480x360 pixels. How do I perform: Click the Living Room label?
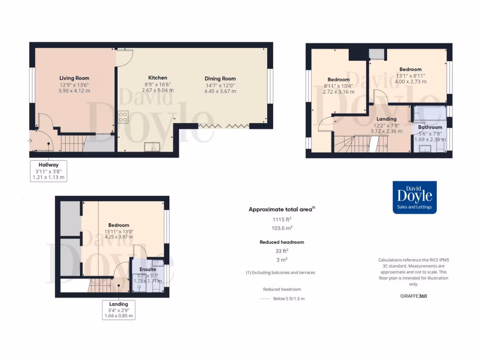click(x=74, y=78)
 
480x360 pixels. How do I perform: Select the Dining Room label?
click(x=220, y=79)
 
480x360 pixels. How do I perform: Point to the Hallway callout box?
click(x=49, y=171)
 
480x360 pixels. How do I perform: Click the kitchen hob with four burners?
click(x=123, y=117)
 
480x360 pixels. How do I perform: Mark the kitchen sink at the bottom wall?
click(x=151, y=147)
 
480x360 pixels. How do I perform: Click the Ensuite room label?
click(x=147, y=270)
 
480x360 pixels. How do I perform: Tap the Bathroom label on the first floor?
click(x=430, y=127)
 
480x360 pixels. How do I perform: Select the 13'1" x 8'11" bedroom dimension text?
click(x=410, y=75)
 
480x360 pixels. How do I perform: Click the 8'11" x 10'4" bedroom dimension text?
click(x=338, y=86)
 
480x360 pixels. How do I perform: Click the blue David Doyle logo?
click(x=414, y=197)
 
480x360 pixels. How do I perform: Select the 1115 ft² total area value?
click(x=282, y=219)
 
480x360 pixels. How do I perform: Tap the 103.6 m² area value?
click(x=282, y=228)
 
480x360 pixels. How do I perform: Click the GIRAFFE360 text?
click(x=413, y=296)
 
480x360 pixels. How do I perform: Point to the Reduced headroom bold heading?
click(x=282, y=242)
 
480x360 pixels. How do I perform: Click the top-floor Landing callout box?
click(x=119, y=310)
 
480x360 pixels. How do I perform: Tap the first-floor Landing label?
click(x=386, y=119)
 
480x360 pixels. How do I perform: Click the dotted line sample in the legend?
click(x=264, y=299)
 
